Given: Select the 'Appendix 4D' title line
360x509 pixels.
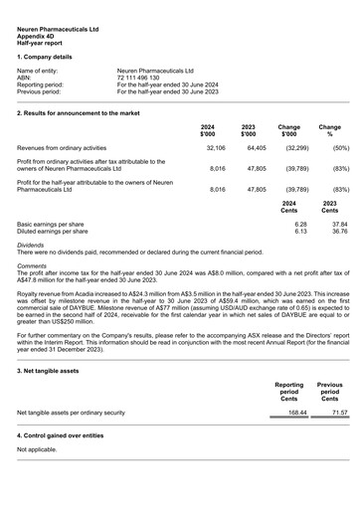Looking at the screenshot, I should click(x=40, y=37).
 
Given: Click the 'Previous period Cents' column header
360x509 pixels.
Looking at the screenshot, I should click(x=329, y=390).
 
